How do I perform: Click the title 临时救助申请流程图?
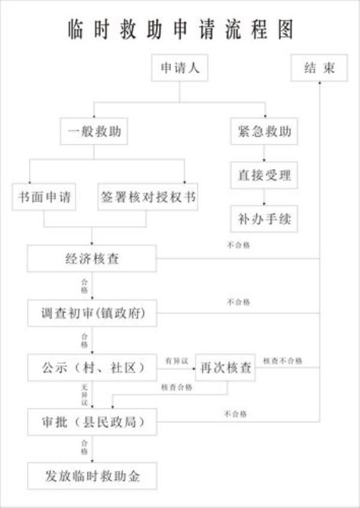180,29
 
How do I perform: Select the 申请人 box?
179,69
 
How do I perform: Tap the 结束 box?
319,69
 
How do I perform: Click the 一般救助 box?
94,131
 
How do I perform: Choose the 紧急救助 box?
264,131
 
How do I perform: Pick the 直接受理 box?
264,175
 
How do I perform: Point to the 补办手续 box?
264,219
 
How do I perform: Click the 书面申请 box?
44,198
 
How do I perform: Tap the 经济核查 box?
92,259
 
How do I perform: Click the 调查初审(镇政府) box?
92,313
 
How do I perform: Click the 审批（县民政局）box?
92,422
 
